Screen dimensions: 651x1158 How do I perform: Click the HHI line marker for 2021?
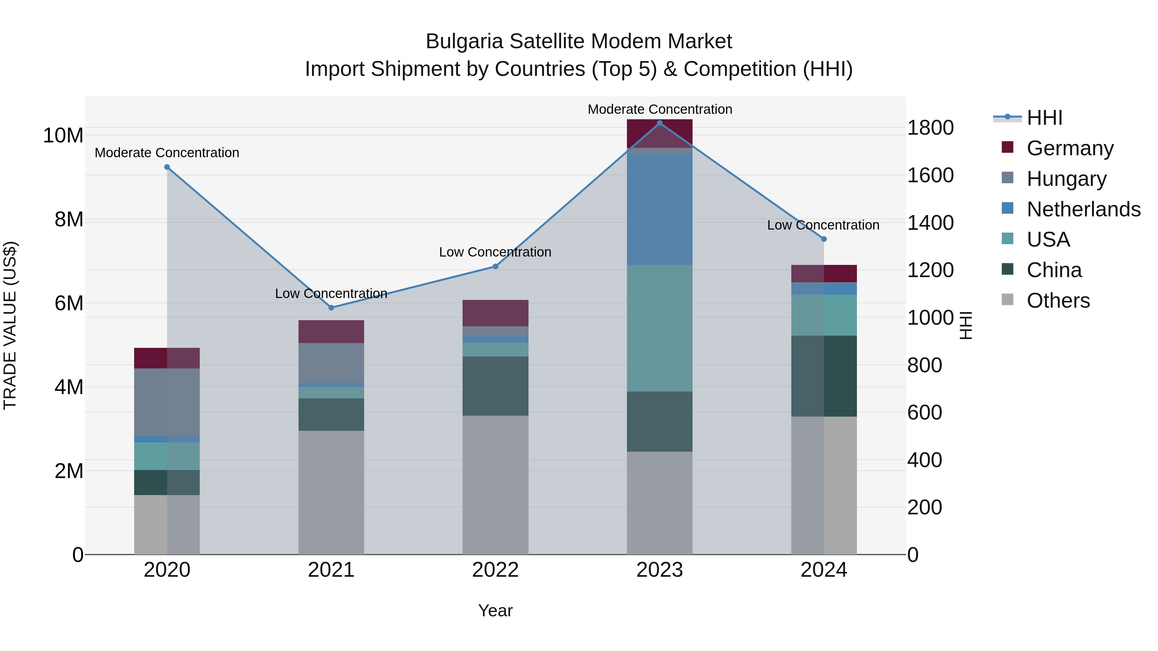click(331, 308)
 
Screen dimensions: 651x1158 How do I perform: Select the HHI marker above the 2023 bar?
click(659, 123)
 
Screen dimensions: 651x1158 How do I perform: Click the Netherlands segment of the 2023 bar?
click(659, 209)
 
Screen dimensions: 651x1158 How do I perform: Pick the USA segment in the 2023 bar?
click(659, 328)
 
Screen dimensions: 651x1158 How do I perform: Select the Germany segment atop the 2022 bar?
click(495, 313)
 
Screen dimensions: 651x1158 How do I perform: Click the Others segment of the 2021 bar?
click(331, 493)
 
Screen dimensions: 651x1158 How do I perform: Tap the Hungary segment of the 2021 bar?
click(331, 363)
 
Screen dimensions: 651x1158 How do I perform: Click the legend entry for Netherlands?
click(1083, 209)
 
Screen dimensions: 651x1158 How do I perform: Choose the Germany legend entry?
click(1070, 148)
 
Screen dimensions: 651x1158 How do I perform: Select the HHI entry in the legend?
click(1044, 118)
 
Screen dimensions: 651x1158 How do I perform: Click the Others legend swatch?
click(1007, 300)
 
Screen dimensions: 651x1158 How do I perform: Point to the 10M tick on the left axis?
click(63, 136)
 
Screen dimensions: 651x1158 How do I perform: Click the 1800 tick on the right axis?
click(930, 128)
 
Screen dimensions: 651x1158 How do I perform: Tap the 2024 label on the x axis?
click(823, 570)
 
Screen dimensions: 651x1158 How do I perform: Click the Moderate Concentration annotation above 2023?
click(659, 109)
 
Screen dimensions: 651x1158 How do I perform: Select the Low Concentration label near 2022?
click(495, 252)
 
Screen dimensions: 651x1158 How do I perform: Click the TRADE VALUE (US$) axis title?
click(10, 325)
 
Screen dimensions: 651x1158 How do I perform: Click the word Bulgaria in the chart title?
click(465, 42)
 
